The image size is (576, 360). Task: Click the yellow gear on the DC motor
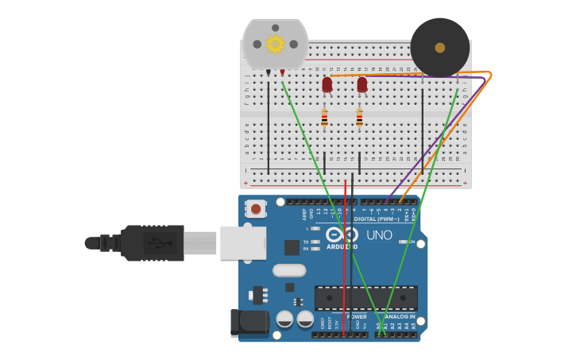pyautogui.click(x=275, y=44)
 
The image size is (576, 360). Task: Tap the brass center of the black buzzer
pyautogui.click(x=440, y=48)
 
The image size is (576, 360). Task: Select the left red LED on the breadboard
pyautogui.click(x=327, y=84)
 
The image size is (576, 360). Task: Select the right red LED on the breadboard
pyautogui.click(x=362, y=84)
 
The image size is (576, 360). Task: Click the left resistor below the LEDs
pyautogui.click(x=324, y=118)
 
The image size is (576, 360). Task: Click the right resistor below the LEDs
pyautogui.click(x=359, y=118)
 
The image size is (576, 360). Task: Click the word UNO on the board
pyautogui.click(x=379, y=235)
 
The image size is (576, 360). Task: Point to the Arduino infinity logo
pyautogui.click(x=342, y=235)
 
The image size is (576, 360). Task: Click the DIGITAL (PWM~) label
pyautogui.click(x=376, y=219)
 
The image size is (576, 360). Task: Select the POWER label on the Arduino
pyautogui.click(x=357, y=316)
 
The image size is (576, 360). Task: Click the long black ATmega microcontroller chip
pyautogui.click(x=366, y=298)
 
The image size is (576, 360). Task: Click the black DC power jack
pyautogui.click(x=249, y=323)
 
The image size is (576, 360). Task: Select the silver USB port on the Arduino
pyautogui.click(x=242, y=242)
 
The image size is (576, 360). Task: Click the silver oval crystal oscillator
pyautogui.click(x=289, y=270)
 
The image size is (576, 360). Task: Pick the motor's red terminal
pyautogui.click(x=282, y=73)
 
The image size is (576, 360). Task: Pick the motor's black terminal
pyautogui.click(x=269, y=73)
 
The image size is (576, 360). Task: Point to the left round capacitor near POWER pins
pyautogui.click(x=284, y=319)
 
